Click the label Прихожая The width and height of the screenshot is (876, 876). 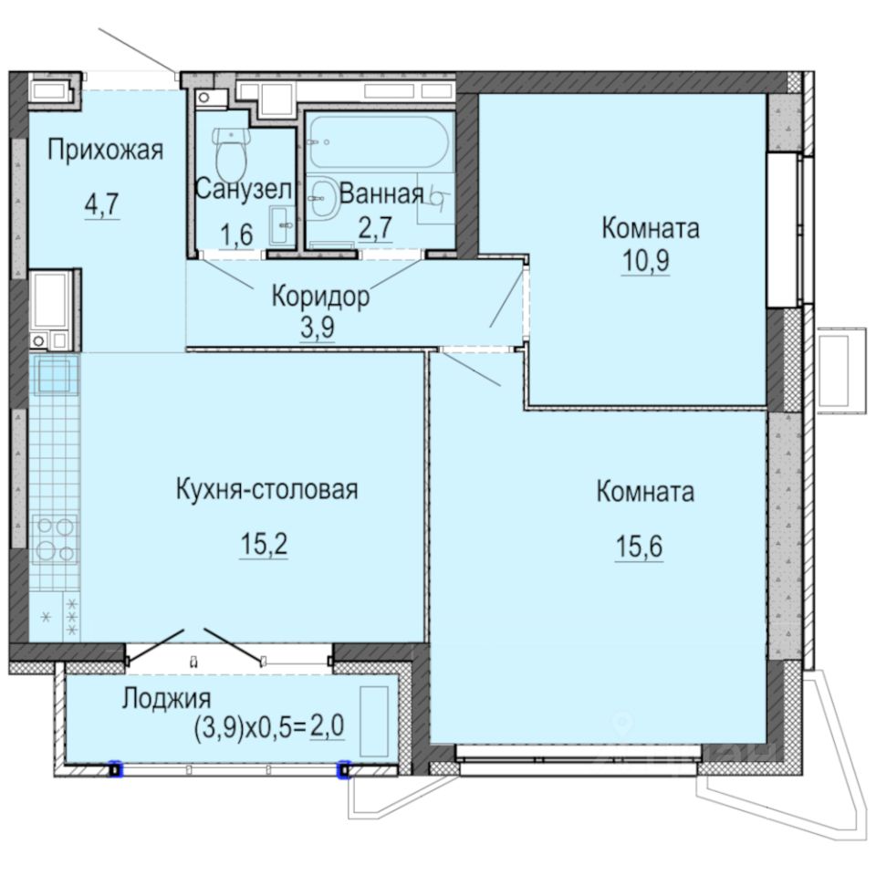point(105,150)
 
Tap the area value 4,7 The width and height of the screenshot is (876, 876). point(101,203)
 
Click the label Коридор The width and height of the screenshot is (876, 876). point(320,297)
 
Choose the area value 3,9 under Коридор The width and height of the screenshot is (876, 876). point(318,327)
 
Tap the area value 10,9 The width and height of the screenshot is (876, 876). point(649,259)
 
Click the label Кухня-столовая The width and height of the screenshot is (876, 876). point(266,489)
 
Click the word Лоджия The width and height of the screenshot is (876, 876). point(166,700)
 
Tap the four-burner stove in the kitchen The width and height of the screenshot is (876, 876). point(55,538)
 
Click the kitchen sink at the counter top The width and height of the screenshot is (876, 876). point(55,374)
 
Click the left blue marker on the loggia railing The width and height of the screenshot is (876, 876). point(114,770)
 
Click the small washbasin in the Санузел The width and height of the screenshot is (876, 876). point(281,219)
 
